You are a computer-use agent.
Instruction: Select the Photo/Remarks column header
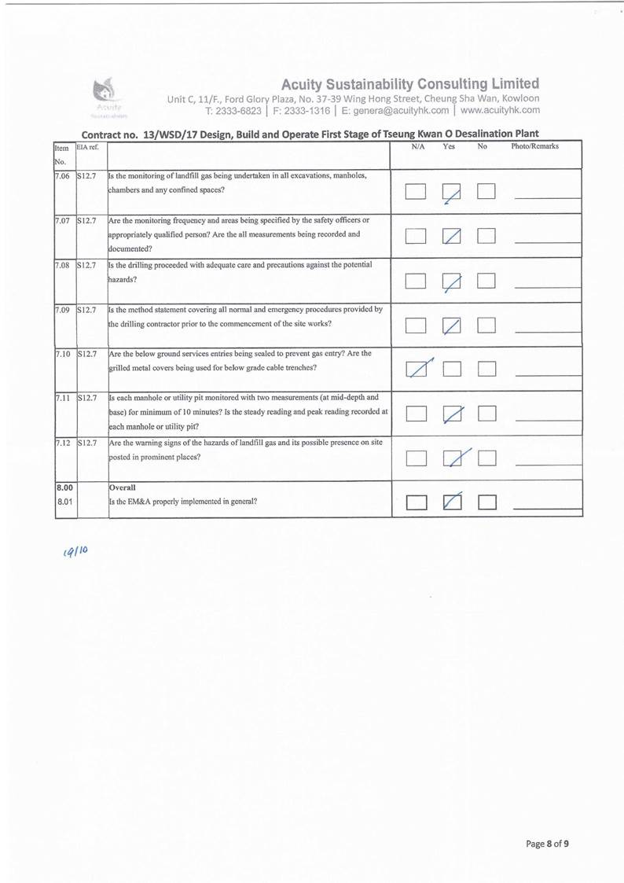[534, 147]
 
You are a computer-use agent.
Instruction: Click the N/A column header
[418, 147]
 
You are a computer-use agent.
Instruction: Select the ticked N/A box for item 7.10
[417, 368]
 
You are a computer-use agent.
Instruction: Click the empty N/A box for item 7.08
[417, 281]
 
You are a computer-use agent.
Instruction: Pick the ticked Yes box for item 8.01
[453, 501]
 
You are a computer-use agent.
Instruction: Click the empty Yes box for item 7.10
[452, 368]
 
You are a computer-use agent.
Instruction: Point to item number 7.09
[63, 310]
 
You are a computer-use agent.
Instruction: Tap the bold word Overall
[123, 487]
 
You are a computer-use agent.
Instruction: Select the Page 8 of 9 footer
[547, 844]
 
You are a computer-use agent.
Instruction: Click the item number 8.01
[64, 501]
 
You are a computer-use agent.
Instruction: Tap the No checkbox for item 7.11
[487, 414]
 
